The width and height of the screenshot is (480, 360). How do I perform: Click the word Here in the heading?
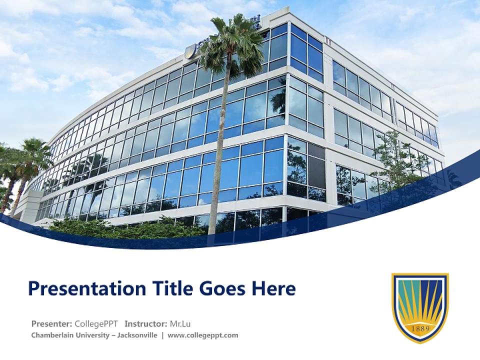tap(273, 289)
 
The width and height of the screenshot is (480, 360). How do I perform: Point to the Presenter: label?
tap(51, 323)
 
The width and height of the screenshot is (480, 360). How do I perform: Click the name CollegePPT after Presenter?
tap(96, 323)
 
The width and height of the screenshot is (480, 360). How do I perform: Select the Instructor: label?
tap(146, 323)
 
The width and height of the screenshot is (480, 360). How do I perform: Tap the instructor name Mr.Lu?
tap(180, 323)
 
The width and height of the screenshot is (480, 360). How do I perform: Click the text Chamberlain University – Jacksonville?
tap(94, 335)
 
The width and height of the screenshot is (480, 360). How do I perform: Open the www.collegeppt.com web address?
tap(202, 335)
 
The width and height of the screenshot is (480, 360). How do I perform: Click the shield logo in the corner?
tap(420, 307)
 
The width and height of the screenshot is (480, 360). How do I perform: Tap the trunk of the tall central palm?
tap(217, 150)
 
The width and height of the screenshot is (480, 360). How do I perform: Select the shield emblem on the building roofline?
tap(190, 51)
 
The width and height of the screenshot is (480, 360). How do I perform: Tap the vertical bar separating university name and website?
tap(162, 335)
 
